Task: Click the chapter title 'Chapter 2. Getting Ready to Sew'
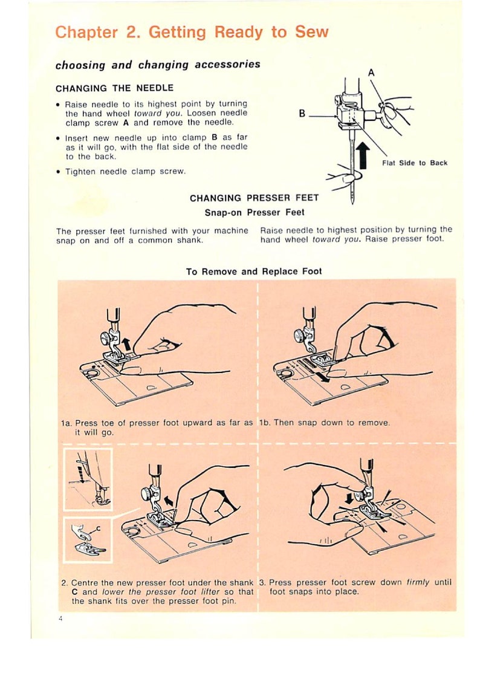(192, 33)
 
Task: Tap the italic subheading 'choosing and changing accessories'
(158, 65)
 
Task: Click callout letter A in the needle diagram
(371, 73)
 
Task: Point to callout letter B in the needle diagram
(302, 113)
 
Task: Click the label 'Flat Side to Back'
(415, 163)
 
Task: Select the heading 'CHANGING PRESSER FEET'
(254, 198)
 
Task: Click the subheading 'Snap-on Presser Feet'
(255, 212)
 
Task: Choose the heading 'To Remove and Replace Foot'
(254, 271)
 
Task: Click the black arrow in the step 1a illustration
(126, 344)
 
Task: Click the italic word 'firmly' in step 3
(417, 582)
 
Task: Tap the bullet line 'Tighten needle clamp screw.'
(125, 172)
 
